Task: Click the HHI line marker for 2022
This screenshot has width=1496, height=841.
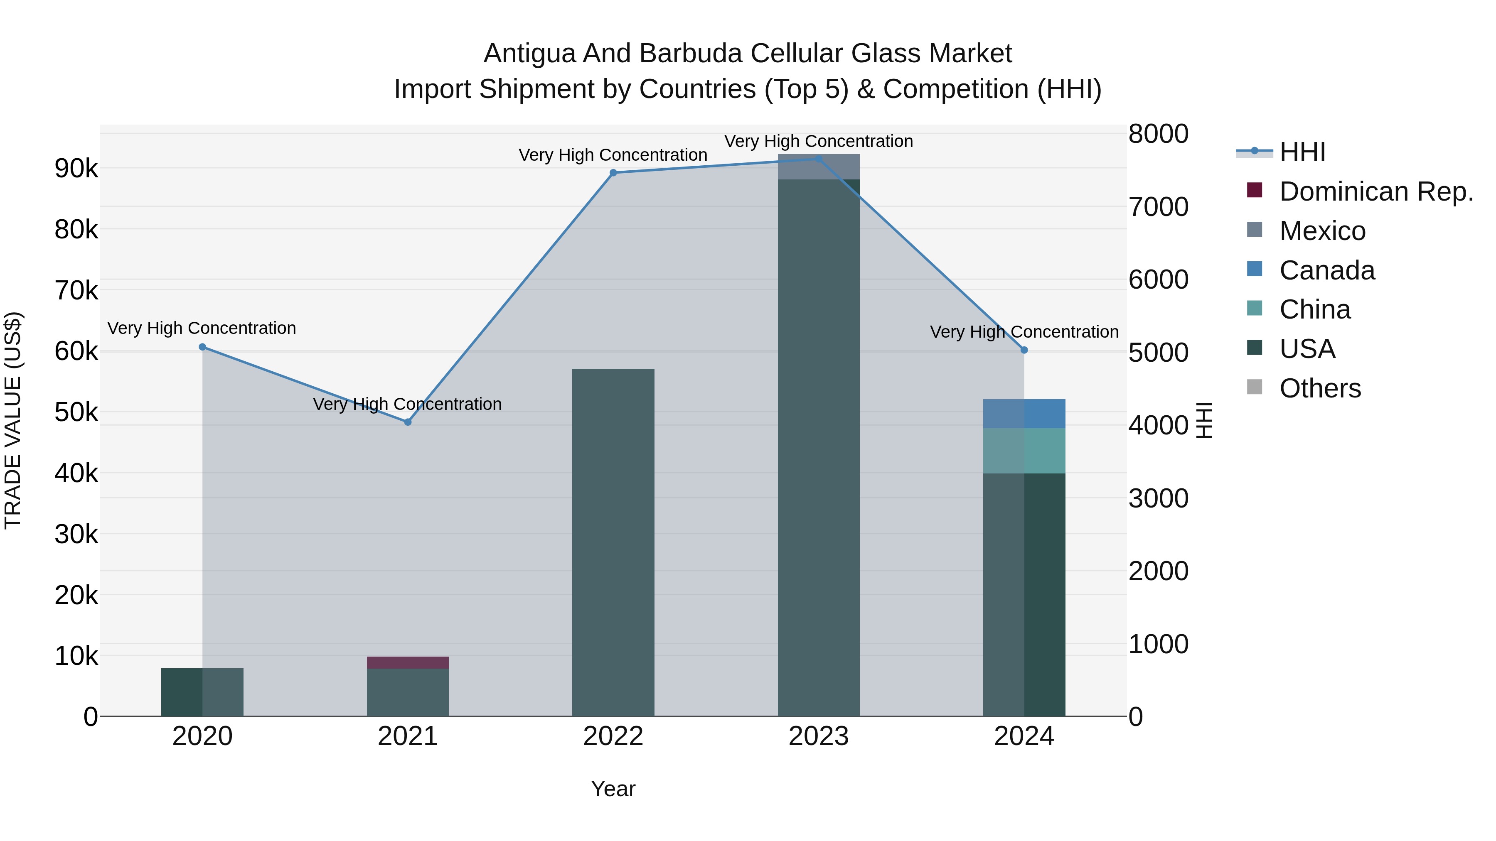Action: (613, 172)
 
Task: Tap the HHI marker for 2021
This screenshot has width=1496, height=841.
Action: (408, 422)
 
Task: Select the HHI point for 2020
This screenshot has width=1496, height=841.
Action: (202, 347)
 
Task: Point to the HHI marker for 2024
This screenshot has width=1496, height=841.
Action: (1024, 350)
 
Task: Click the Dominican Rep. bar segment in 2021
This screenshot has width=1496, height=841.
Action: (408, 662)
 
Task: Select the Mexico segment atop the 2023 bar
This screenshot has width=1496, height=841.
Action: (818, 167)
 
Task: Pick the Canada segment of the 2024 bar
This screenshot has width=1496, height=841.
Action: (1024, 413)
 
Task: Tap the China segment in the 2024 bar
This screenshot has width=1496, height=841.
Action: (1024, 450)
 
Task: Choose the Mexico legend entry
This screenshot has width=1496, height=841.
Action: (1322, 231)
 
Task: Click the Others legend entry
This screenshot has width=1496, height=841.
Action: (1320, 388)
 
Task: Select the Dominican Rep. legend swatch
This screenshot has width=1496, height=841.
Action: (1255, 190)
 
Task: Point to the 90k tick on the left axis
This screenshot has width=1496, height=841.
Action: (76, 168)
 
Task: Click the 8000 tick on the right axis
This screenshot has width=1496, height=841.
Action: (1158, 133)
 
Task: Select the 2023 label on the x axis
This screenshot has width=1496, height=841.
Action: (818, 736)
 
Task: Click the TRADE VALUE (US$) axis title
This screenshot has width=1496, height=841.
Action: (13, 420)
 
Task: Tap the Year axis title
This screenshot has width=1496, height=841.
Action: (613, 789)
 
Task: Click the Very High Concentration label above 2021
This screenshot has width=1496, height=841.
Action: (407, 404)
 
